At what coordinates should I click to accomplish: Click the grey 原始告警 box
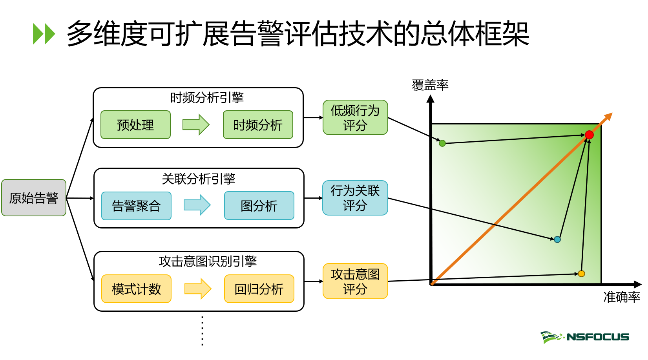coord(34,198)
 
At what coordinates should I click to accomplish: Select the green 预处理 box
coord(135,125)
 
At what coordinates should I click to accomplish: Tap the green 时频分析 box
coord(258,125)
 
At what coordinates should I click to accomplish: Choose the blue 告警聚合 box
coord(136,206)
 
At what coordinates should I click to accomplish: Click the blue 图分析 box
coord(259,206)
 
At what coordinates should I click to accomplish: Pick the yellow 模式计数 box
coord(136,289)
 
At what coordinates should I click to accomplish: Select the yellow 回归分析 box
coord(259,289)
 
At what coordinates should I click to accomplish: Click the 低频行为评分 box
coord(355,118)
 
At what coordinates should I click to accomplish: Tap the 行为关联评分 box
coord(355,198)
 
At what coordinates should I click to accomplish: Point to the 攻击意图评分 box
coord(355,281)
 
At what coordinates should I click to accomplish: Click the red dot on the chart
coord(589,135)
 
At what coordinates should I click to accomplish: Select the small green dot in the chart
coord(442,143)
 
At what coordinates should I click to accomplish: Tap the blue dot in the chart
coord(557,239)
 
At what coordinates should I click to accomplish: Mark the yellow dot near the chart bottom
coord(582,274)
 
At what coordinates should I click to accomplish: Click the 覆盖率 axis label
coord(430,85)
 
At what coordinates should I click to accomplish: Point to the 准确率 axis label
coord(622,297)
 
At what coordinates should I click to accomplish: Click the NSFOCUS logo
coord(585,337)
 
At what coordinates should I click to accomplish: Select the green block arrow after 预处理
coord(196,125)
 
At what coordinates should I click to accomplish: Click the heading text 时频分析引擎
coord(207,98)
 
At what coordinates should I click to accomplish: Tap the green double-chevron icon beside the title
coord(44,34)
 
